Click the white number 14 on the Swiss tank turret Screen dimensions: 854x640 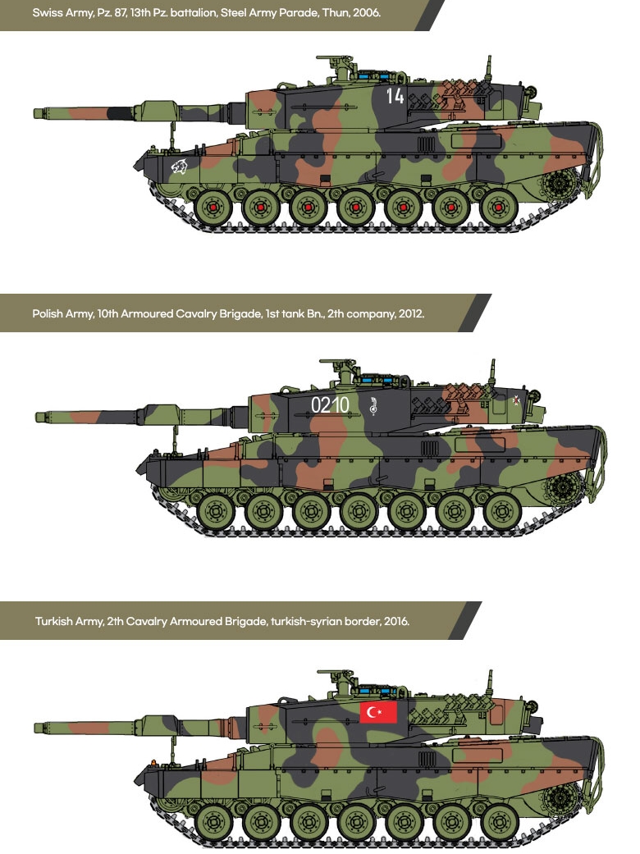tap(395, 96)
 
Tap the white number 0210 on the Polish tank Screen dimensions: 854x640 tap(330, 404)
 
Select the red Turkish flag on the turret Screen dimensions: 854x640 tap(378, 712)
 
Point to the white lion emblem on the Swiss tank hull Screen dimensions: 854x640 tap(178, 169)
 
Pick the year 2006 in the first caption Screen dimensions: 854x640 tap(367, 13)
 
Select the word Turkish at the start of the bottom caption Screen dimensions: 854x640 tap(53, 621)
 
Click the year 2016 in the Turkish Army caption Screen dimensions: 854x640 tap(395, 621)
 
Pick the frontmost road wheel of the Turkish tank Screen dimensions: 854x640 tap(215, 821)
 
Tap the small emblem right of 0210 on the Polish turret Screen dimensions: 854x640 tap(373, 404)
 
